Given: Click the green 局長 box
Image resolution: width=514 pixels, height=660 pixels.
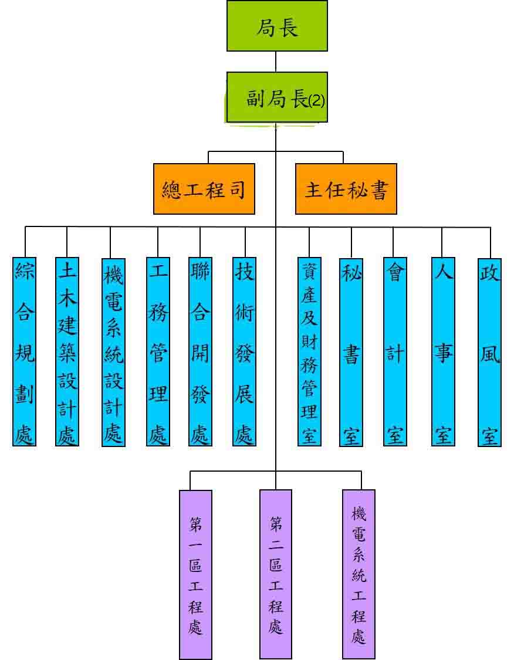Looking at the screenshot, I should coord(277,26).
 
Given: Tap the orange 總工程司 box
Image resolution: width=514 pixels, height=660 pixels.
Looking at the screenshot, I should coord(204,189).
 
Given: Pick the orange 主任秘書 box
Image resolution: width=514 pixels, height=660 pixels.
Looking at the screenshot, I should coord(346,189).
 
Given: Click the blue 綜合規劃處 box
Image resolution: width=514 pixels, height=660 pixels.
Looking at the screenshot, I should coord(25,351).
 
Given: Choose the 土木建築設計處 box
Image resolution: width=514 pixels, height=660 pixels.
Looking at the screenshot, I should coord(67,351).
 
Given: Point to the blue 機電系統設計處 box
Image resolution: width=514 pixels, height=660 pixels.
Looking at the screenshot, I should coord(113,352).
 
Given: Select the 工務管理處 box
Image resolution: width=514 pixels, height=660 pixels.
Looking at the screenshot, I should coord(158,351).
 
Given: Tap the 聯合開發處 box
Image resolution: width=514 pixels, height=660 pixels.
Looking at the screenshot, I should coord(200,351).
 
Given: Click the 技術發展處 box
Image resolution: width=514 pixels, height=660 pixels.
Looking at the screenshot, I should coord(244,351).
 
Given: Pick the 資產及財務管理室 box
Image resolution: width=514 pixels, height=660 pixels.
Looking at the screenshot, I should coord(309,351).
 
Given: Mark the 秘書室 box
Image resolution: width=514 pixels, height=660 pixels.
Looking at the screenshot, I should coord(351,351).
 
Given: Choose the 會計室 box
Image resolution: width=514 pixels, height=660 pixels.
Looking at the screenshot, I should coord(394,351).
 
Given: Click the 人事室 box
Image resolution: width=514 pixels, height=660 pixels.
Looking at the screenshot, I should coord(443,351).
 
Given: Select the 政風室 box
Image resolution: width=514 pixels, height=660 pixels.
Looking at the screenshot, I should coord(490,351).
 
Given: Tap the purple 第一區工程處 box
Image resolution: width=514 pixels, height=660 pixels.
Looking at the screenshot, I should coord(195,574).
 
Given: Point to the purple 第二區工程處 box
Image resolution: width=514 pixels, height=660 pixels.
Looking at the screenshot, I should coord(276,574).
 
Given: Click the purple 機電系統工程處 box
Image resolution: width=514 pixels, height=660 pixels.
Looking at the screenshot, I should coord(359,574).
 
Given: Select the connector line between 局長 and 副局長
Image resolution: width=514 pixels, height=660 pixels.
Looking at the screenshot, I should coord(276,62).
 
